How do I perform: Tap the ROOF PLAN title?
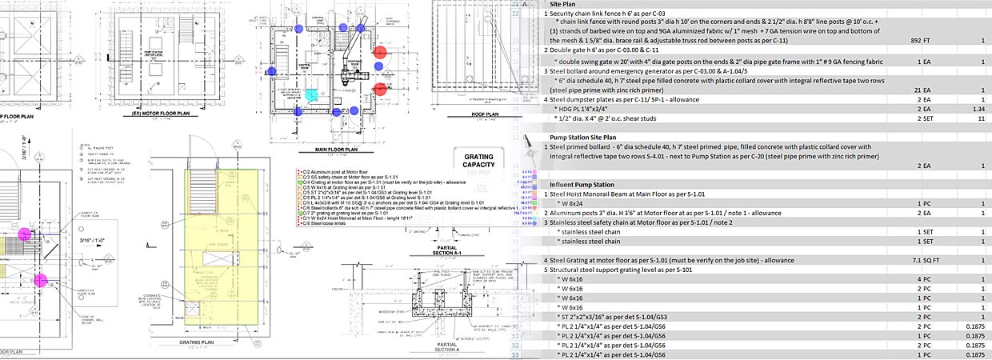[x=482, y=114]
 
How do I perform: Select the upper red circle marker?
[x=381, y=54]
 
